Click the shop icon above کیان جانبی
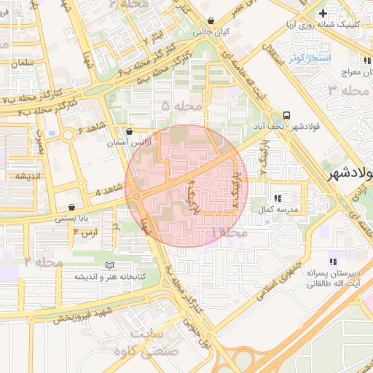pyautogui.click(x=211, y=21)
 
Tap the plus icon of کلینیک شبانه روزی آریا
pyautogui.click(x=323, y=13)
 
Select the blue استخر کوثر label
pyautogui.click(x=310, y=58)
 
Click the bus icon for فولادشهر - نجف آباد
pyautogui.click(x=286, y=115)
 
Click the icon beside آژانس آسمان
pyautogui.click(x=129, y=132)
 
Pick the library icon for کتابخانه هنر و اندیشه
pyautogui.click(x=110, y=265)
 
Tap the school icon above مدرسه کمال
pyautogui.click(x=278, y=197)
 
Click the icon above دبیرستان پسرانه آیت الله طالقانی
pyautogui.click(x=333, y=261)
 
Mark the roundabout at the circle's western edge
pyautogui.click(x=136, y=195)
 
